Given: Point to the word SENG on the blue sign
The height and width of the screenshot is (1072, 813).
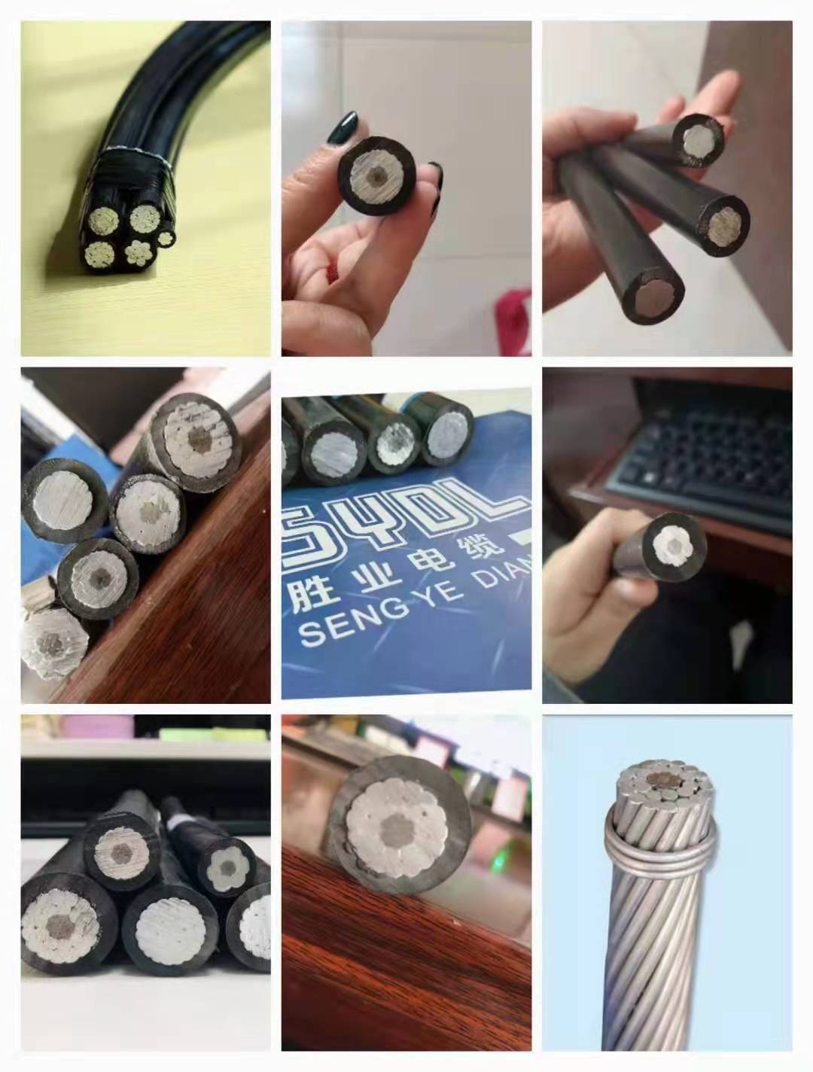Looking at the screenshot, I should (344, 629).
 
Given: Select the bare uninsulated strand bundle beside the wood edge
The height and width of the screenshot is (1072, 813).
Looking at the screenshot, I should (53, 642).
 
